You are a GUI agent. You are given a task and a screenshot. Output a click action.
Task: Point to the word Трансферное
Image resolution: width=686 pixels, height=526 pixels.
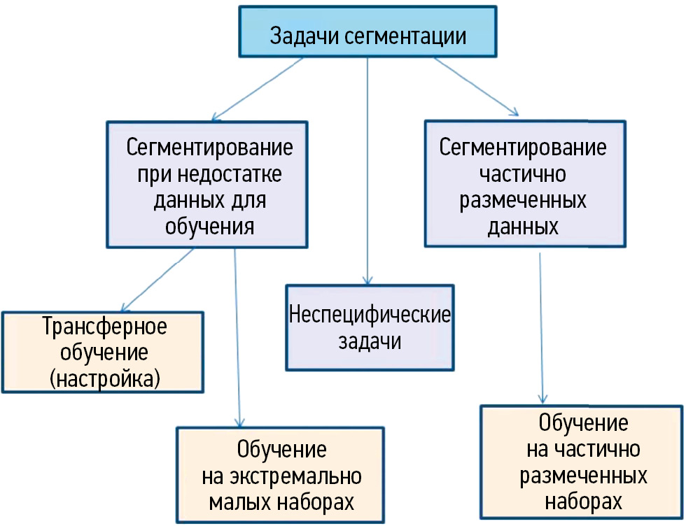(x=104, y=327)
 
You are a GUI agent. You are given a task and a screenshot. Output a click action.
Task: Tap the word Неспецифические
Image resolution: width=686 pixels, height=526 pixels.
(x=370, y=315)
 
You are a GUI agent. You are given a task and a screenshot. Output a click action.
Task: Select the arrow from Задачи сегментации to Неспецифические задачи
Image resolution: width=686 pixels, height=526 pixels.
(x=367, y=168)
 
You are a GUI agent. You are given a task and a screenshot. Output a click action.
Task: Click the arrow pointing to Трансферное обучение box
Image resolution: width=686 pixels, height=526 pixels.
(x=158, y=279)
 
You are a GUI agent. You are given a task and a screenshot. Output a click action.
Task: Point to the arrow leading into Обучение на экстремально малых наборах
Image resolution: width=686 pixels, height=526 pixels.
(x=237, y=336)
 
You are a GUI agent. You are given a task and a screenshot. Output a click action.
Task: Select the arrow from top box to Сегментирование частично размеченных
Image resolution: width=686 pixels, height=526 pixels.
(x=476, y=86)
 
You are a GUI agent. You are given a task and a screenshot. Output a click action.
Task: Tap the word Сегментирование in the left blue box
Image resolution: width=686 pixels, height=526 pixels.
(x=209, y=149)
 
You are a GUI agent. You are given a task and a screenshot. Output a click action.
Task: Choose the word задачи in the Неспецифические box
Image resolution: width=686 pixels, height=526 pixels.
(x=370, y=343)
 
